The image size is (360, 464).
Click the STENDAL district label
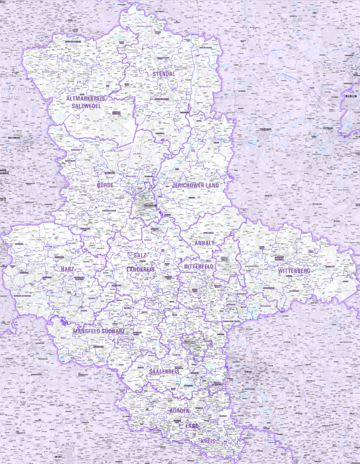tap(164, 74)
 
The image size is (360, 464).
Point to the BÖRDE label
tap(105, 185)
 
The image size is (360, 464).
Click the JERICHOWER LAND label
tap(195, 185)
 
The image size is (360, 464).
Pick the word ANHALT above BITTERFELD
tap(205, 243)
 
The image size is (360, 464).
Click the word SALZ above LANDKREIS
tap(140, 255)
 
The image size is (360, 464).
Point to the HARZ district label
tap(67, 269)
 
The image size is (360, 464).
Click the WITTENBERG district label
tap(294, 270)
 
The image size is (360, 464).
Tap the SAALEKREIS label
tap(164, 372)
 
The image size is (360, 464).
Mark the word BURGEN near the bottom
tap(179, 411)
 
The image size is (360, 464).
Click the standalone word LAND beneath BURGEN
tap(192, 426)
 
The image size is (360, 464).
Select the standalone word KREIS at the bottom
tap(208, 440)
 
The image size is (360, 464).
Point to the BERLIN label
tap(351, 96)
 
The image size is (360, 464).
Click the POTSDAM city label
tap(328, 128)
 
